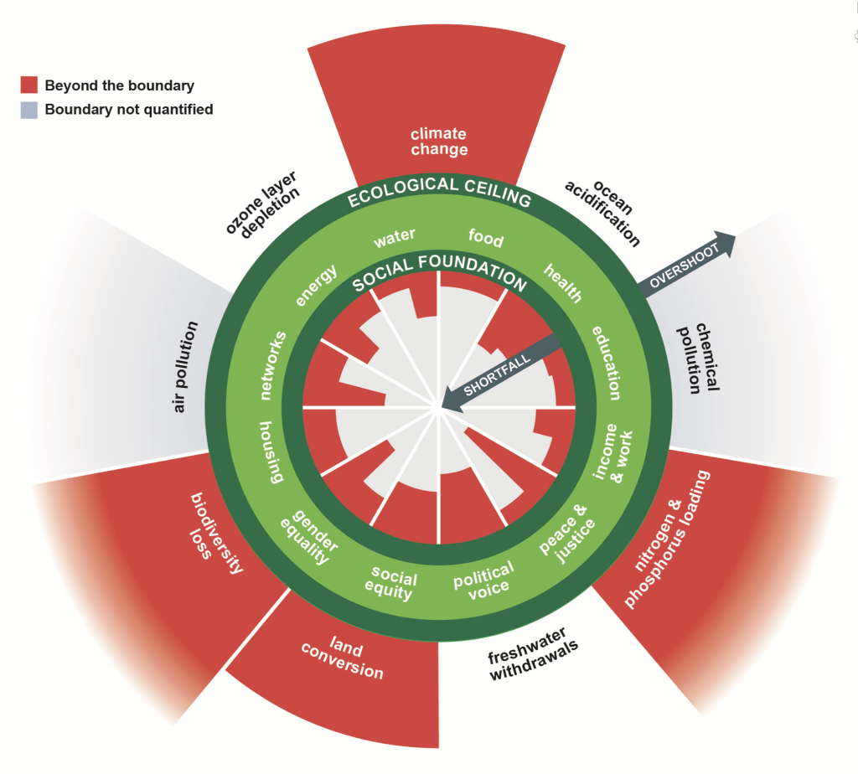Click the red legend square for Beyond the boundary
pos(29,85)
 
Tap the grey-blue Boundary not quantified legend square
pos(29,109)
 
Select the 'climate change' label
pos(439,142)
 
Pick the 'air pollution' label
pos(186,366)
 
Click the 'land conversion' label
pos(345,658)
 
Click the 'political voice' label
pos(483,577)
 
